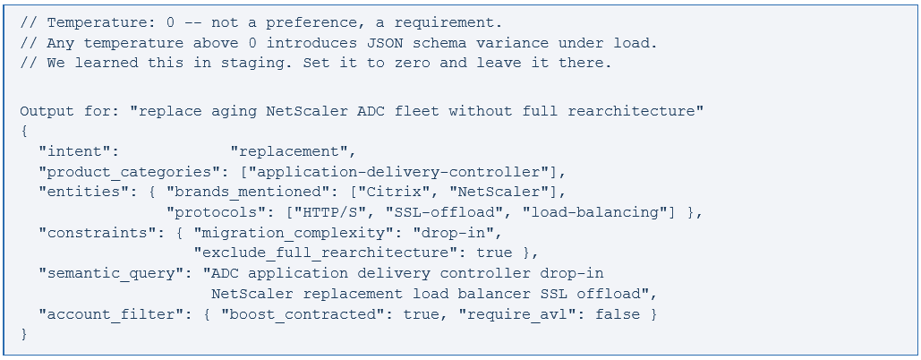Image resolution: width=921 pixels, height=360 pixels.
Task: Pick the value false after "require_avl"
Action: coord(618,314)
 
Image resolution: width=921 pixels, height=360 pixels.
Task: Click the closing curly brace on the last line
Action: coord(24,334)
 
